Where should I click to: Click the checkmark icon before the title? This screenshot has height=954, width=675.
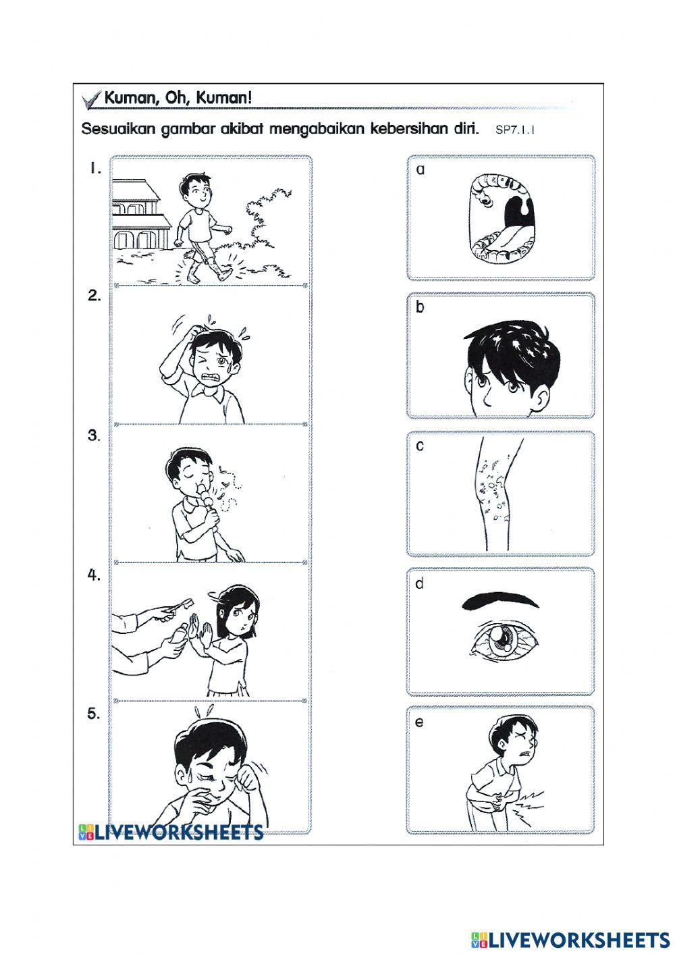(x=90, y=99)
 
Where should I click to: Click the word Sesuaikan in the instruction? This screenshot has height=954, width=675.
(x=119, y=129)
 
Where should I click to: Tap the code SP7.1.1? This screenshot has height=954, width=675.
(x=514, y=130)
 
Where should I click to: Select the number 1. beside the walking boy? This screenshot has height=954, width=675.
(x=95, y=169)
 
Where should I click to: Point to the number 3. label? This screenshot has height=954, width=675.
(x=94, y=435)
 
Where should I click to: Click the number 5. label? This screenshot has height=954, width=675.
(x=94, y=714)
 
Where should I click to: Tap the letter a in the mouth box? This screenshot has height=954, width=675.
(x=421, y=169)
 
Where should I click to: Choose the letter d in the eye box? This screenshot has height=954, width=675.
(x=420, y=583)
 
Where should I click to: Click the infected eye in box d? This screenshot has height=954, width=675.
(x=502, y=637)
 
